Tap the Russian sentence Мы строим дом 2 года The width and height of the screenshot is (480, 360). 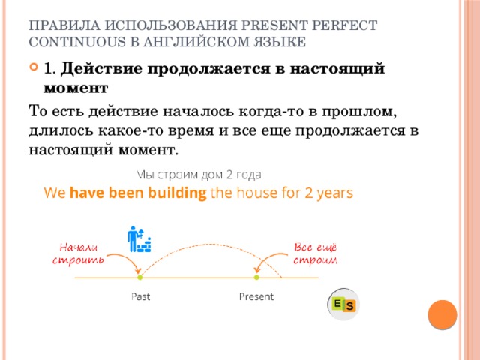(199, 174)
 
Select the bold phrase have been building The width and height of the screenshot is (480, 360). (138, 193)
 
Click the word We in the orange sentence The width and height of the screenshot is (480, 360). (55, 193)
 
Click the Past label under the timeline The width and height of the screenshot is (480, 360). (140, 296)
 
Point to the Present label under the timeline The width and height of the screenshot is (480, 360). (256, 296)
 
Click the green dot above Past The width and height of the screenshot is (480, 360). (140, 277)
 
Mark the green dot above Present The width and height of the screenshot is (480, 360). (256, 277)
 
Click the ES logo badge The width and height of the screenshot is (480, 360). (343, 304)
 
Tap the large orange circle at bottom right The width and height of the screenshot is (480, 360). (442, 314)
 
